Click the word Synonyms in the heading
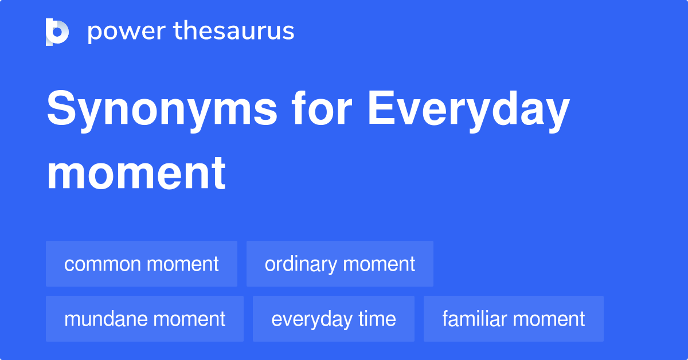(162, 110)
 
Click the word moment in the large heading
(136, 173)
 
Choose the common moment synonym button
(142, 264)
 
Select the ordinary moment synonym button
(340, 264)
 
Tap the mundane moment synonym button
(144, 319)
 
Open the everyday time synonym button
(334, 319)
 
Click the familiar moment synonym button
(514, 319)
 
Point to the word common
(103, 264)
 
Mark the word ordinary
(301, 264)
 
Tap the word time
(376, 319)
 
